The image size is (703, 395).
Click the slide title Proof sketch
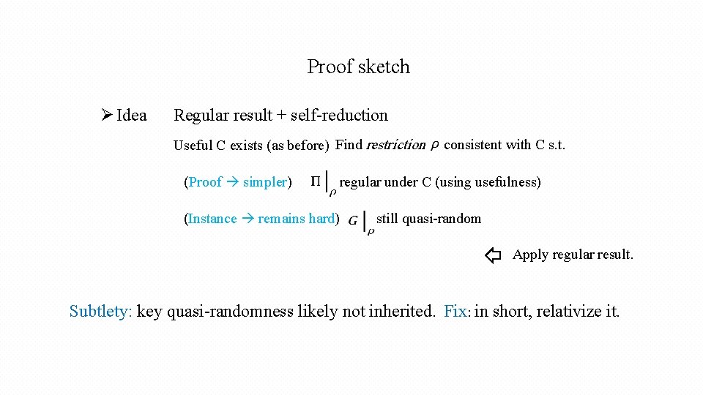pos(358,67)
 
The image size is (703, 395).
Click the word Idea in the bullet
pos(131,116)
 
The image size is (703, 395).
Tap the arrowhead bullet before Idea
pos(106,116)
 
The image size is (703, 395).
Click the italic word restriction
pos(395,145)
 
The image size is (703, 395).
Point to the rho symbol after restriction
pos(434,146)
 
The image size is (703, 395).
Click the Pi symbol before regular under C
pos(316,181)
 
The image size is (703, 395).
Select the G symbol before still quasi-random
pos(354,219)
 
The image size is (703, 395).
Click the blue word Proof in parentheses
pos(205,182)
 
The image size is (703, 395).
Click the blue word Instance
pos(212,219)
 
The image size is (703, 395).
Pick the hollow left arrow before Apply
pos(493,255)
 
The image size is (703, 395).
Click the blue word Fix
pos(455,312)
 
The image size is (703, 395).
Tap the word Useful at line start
pos(193,146)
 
